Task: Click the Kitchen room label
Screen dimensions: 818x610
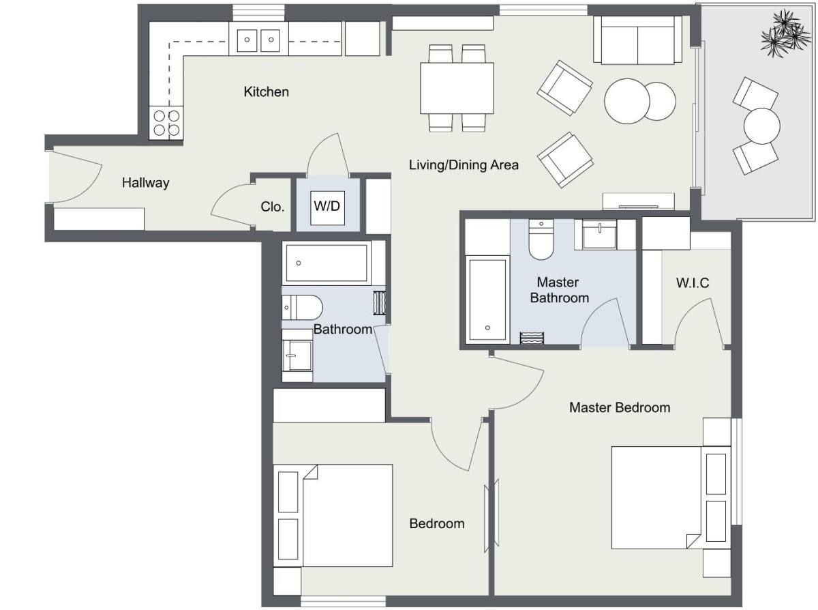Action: click(266, 91)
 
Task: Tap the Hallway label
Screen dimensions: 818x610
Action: click(146, 182)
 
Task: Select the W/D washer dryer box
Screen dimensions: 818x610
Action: click(327, 208)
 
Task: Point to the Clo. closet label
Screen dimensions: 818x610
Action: click(272, 207)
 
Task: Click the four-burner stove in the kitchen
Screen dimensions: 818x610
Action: click(166, 123)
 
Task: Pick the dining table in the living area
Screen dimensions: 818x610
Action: click(457, 88)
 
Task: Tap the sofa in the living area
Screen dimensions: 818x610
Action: click(637, 40)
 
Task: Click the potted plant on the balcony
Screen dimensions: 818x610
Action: click(785, 33)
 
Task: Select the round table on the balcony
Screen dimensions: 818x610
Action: click(762, 126)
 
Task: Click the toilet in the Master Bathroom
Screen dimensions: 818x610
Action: click(541, 239)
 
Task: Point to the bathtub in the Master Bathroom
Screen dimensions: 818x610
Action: click(487, 300)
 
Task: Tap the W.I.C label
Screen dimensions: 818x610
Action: click(693, 283)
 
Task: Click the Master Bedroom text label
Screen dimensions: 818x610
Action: click(620, 407)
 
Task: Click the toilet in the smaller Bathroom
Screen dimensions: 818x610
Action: click(302, 307)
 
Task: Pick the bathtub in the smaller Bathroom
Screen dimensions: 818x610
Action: click(327, 263)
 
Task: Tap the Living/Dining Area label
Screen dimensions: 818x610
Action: click(464, 164)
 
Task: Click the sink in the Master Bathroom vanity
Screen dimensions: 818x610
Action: click(600, 235)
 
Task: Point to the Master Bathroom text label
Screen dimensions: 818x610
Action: click(559, 290)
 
